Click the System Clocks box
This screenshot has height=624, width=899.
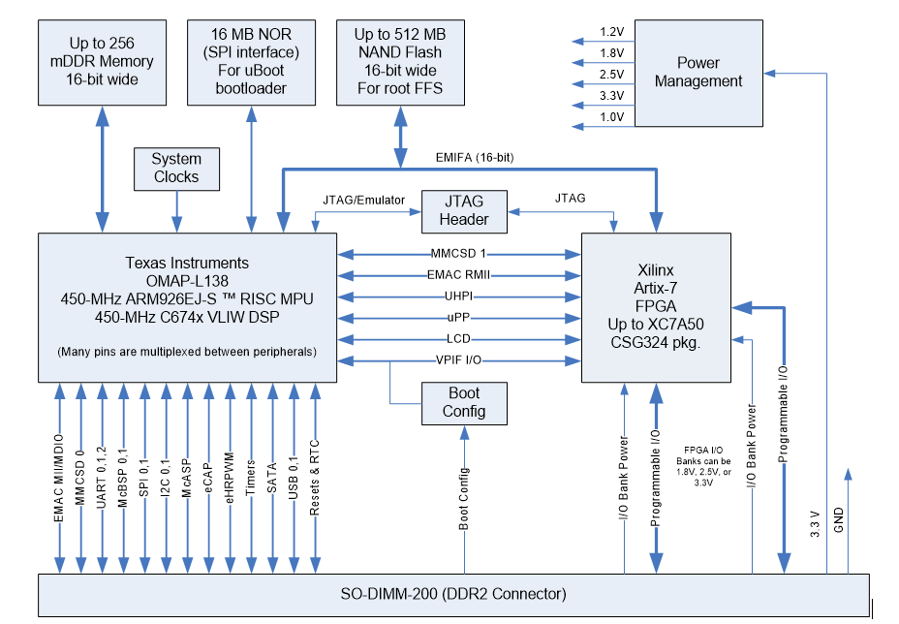click(176, 169)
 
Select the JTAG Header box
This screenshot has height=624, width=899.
click(464, 210)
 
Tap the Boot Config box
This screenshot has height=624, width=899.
click(464, 402)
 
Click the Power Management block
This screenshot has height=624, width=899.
click(697, 73)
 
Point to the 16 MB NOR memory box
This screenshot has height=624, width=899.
click(251, 61)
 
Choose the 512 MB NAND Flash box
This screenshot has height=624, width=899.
click(399, 61)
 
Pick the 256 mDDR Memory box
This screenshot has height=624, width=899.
click(102, 61)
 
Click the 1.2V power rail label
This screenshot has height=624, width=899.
click(611, 31)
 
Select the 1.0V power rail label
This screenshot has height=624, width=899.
click(611, 116)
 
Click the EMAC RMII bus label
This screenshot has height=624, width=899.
click(459, 275)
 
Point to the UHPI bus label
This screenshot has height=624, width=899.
click(459, 296)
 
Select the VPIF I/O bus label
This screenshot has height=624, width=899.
click(459, 360)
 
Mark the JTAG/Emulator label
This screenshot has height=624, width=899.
click(364, 199)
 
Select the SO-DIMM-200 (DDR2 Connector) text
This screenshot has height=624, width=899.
click(453, 594)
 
